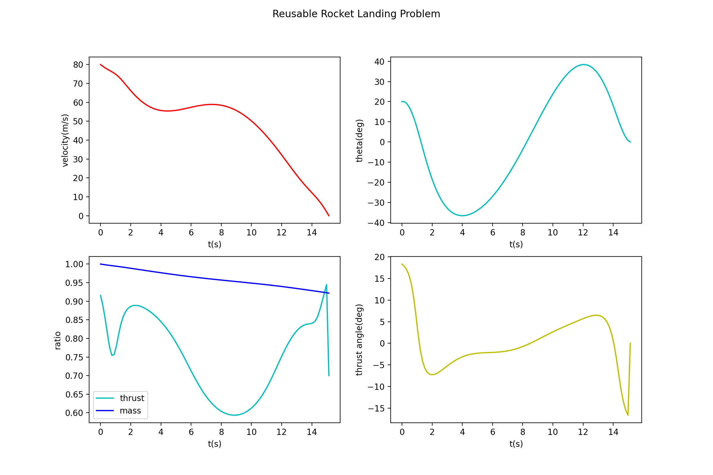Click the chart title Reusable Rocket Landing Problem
point(356,14)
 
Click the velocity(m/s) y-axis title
point(65,140)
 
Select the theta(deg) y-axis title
point(359,140)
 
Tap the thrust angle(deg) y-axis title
point(359,340)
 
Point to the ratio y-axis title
point(57,341)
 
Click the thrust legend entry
point(132,398)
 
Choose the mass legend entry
point(130,411)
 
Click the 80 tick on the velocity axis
point(78,64)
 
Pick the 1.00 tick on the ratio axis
point(74,264)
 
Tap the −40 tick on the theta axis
point(376,223)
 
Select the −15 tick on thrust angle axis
point(376,409)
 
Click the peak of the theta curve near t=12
point(584,64)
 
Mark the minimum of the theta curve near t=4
point(462,216)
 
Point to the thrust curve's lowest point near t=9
point(234,415)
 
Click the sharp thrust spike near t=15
point(326,284)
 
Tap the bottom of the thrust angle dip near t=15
point(628,415)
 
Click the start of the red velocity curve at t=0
point(101,64)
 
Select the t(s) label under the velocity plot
point(214,244)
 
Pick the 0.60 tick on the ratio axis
point(74,413)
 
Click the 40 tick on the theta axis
point(379,62)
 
